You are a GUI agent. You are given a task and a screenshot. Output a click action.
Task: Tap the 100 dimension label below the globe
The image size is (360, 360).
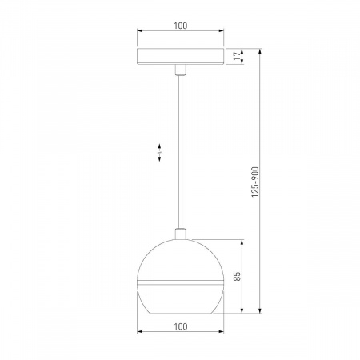tap(180, 326)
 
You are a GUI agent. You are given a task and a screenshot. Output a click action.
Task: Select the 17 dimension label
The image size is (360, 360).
tap(235, 57)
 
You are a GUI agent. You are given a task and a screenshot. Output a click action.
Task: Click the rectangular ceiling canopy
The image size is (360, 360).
tap(180, 57)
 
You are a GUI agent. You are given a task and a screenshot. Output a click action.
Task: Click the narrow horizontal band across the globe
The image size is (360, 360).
tap(180, 282)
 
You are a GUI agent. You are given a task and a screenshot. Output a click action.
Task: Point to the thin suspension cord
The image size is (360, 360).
tap(180, 152)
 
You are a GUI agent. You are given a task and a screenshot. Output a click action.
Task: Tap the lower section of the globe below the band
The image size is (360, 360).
tap(180, 297)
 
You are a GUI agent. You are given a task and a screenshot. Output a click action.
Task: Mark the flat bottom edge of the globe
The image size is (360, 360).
tap(180, 311)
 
